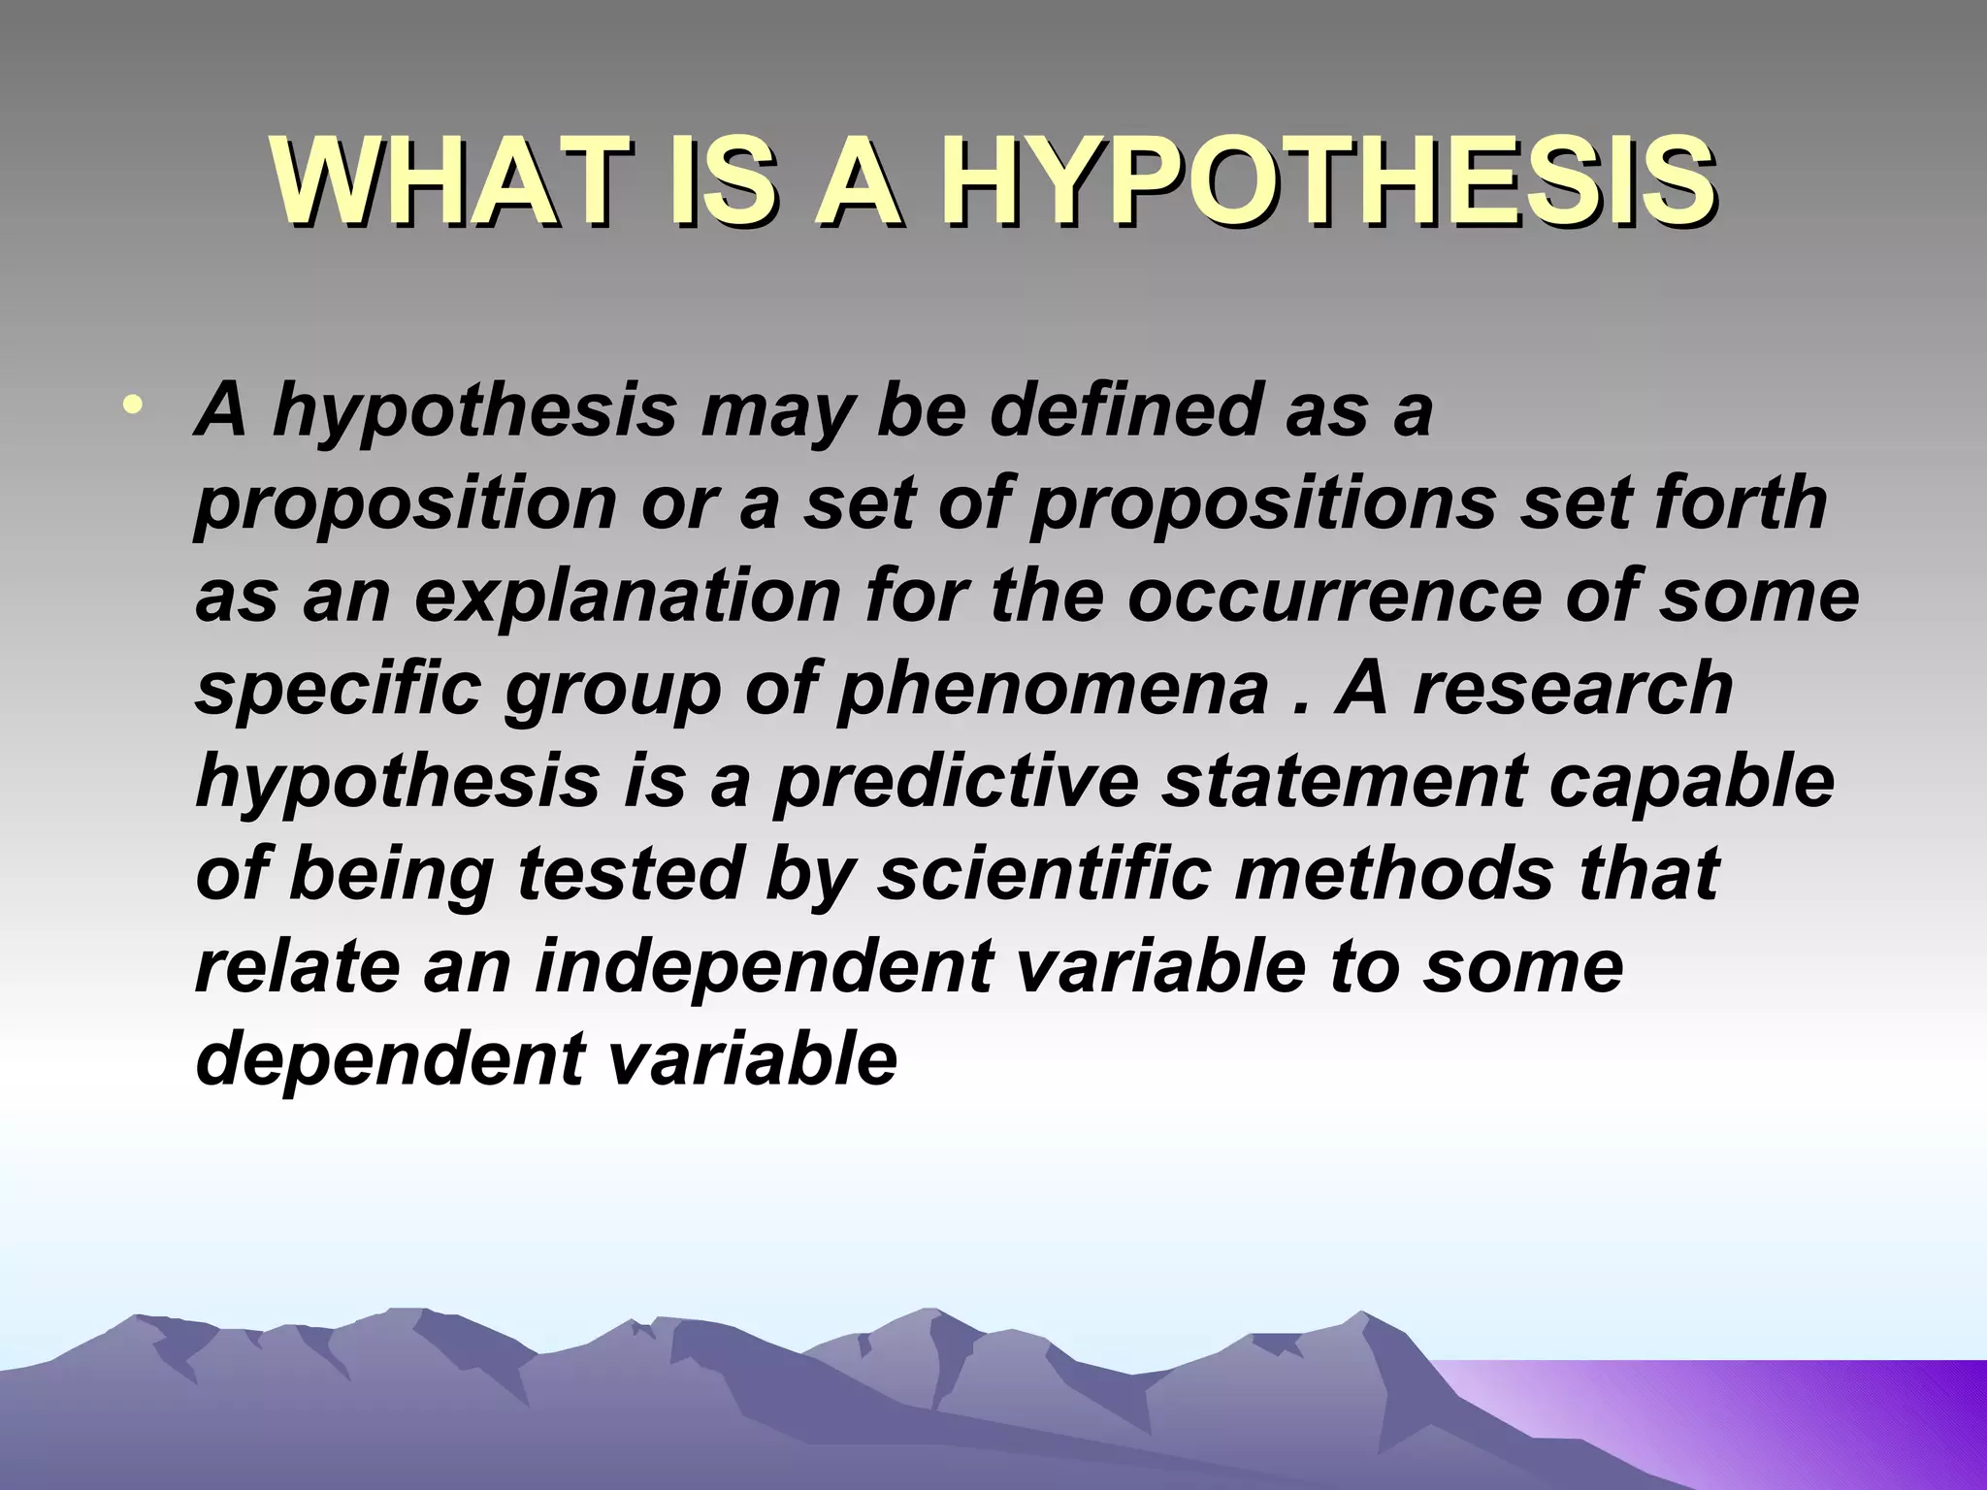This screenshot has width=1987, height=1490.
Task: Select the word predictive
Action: tap(956, 781)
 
